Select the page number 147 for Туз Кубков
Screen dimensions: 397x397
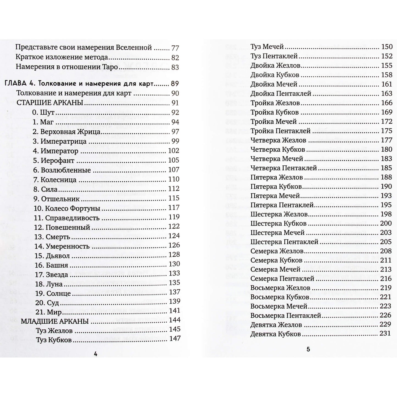coord(175,338)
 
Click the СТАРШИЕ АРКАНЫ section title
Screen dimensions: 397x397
coord(50,103)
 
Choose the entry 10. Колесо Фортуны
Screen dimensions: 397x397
coord(67,209)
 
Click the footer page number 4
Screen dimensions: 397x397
coord(96,354)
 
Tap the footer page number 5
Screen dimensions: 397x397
coord(308,349)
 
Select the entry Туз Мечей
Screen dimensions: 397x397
coord(267,47)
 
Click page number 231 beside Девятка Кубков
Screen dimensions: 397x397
coord(385,334)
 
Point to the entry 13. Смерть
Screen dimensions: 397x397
coord(52,237)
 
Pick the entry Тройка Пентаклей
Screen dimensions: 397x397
coord(281,131)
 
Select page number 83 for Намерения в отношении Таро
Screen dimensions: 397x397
coord(175,67)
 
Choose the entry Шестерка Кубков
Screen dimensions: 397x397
coord(278,223)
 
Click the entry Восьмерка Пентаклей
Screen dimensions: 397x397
coord(286,316)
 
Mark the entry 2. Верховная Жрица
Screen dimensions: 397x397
coord(66,132)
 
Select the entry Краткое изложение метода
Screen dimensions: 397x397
coord(62,58)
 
